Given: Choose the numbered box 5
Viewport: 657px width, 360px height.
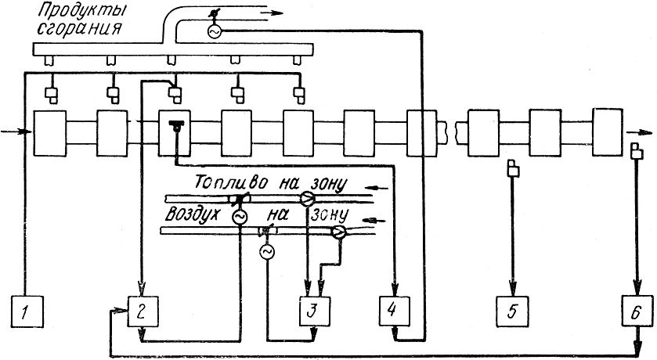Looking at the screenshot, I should pyautogui.click(x=511, y=311).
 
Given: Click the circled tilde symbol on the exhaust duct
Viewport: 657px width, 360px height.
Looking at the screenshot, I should pyautogui.click(x=211, y=31).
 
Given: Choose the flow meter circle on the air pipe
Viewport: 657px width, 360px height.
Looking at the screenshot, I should pyautogui.click(x=339, y=232).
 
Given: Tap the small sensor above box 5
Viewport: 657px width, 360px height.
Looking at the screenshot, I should pyautogui.click(x=512, y=167).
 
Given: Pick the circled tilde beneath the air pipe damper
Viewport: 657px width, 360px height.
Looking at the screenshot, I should pyautogui.click(x=267, y=251).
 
